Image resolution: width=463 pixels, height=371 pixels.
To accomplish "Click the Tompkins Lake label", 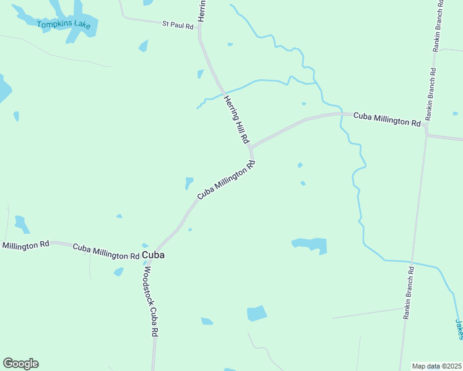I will [64, 25].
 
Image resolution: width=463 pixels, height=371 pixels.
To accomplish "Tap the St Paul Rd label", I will [178, 24].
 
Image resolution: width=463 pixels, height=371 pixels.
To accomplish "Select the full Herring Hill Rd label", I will [236, 120].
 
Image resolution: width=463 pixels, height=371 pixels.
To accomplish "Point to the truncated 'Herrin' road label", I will [201, 11].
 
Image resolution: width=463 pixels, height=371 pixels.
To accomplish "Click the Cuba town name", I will [153, 255].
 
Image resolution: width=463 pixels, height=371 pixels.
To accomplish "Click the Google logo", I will [20, 364].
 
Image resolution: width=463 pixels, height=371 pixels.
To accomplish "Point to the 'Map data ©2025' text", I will [436, 366].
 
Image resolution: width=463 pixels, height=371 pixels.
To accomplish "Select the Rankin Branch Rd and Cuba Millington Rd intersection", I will [426, 127].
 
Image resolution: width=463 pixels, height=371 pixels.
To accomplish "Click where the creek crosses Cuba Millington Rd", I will [340, 114].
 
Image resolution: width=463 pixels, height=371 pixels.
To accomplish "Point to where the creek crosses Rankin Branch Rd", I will [411, 262].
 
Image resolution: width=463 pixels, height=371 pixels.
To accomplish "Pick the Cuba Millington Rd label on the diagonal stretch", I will [227, 181].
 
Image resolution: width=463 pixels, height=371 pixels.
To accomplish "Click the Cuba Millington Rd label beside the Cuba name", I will [106, 251].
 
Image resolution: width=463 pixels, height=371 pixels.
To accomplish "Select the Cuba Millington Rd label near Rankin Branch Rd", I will [387, 119].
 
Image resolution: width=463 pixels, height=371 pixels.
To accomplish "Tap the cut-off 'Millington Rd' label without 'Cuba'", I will [25, 245].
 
